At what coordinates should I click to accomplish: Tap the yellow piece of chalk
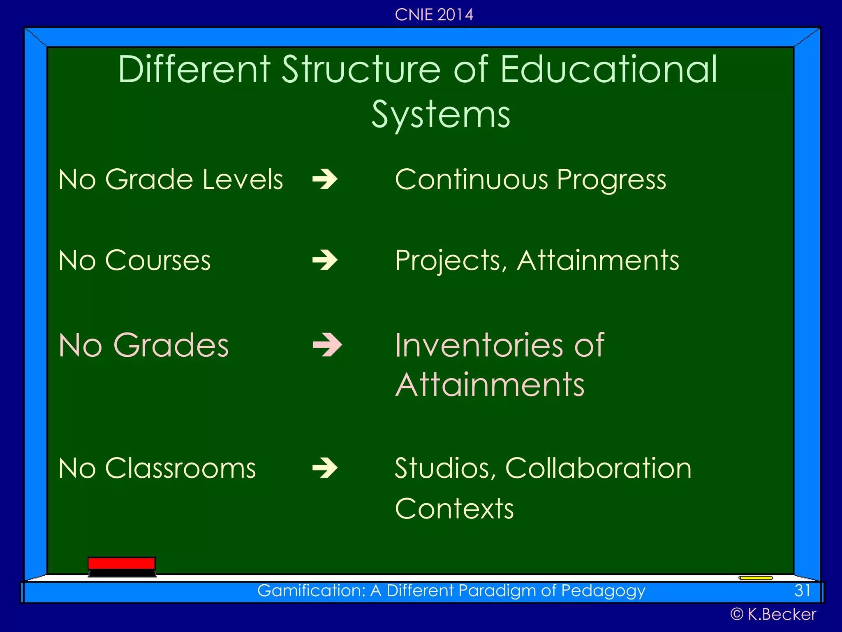pos(756,578)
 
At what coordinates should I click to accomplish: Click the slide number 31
pos(802,591)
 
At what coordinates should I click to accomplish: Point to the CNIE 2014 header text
pos(434,15)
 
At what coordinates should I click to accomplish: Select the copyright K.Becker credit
pos(773,614)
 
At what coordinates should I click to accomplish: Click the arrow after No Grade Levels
pos(325,179)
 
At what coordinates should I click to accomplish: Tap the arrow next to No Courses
pos(325,260)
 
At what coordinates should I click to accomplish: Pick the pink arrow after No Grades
pos(327,345)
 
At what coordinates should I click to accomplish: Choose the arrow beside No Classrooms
pos(325,468)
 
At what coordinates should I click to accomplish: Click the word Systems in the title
pos(441,114)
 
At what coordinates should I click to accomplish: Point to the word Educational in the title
pos(608,69)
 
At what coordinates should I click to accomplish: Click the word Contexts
pos(454,509)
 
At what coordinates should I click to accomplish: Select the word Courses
pos(158,260)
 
